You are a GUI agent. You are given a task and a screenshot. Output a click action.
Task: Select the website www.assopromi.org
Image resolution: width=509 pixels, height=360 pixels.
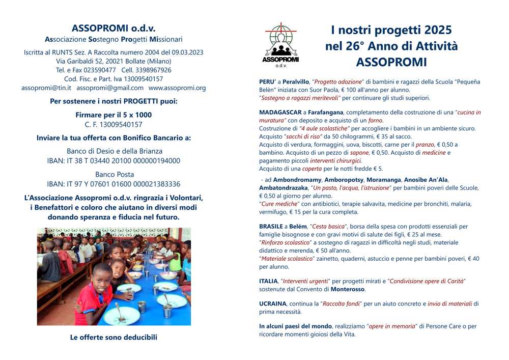[x=177, y=88]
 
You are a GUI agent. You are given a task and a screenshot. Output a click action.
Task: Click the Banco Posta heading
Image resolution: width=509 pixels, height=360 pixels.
[x=114, y=174]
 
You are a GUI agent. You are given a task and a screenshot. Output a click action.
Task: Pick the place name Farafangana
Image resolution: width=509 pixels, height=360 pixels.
[x=325, y=112]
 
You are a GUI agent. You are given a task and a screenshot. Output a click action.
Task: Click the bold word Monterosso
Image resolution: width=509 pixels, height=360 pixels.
[x=348, y=289]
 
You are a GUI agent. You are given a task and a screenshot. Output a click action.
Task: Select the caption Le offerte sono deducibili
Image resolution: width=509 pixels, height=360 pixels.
[x=114, y=337]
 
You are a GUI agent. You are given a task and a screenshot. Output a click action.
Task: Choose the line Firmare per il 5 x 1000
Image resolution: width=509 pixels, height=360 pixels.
[x=114, y=115]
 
